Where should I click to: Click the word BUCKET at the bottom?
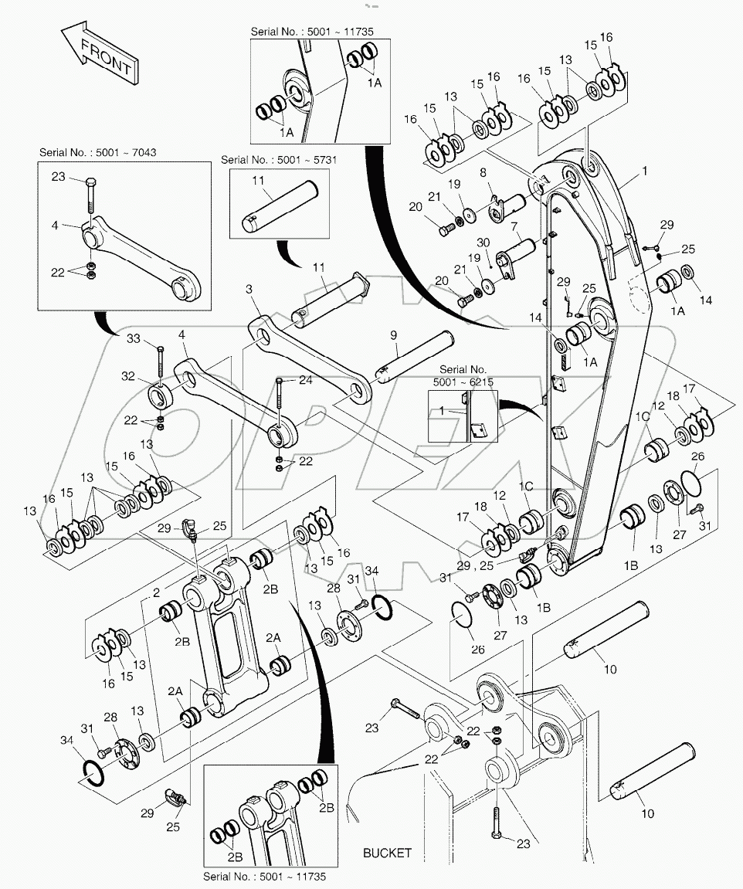[387, 853]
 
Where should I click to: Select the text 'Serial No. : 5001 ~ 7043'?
[97, 152]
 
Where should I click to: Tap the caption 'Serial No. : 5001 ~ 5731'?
[279, 160]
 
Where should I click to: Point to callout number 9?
[394, 336]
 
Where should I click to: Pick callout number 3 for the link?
[249, 289]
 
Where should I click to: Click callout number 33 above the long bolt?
[133, 338]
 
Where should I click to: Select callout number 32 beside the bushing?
[128, 375]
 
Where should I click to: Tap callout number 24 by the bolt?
[306, 380]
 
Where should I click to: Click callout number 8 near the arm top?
[483, 172]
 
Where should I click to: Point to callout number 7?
[514, 227]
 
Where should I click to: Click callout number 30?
[483, 243]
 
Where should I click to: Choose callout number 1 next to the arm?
[644, 171]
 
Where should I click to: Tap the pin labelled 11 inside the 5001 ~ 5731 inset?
[280, 206]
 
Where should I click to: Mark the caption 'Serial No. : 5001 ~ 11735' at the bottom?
[265, 877]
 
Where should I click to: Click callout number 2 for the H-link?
[157, 593]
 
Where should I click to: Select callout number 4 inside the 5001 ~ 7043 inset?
[54, 225]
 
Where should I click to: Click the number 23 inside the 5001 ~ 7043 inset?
[59, 176]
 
